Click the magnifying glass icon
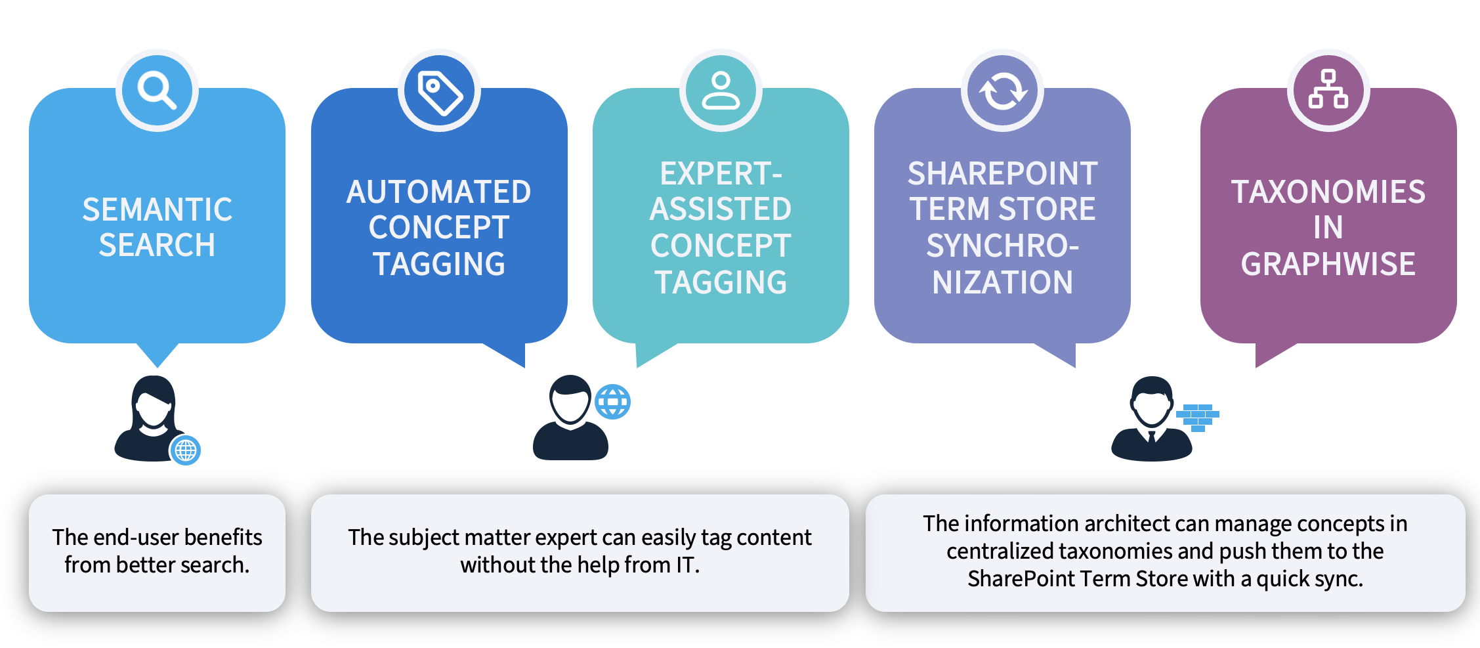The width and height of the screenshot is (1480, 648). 157,90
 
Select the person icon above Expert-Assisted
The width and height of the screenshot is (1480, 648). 721,90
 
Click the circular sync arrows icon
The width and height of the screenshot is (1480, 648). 1003,91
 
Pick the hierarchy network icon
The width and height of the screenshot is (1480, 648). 1328,89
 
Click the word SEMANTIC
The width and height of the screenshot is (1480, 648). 158,210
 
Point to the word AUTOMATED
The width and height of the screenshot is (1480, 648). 439,192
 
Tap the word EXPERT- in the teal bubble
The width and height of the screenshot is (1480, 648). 721,174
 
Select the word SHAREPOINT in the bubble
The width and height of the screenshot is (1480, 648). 1003,174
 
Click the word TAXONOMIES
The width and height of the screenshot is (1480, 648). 1328,192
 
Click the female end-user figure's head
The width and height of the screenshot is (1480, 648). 154,402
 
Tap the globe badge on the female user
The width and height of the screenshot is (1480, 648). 186,450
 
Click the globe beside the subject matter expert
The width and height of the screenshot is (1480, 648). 612,402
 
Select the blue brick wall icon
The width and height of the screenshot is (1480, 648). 1197,418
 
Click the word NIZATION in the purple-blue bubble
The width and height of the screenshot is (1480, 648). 1003,283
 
